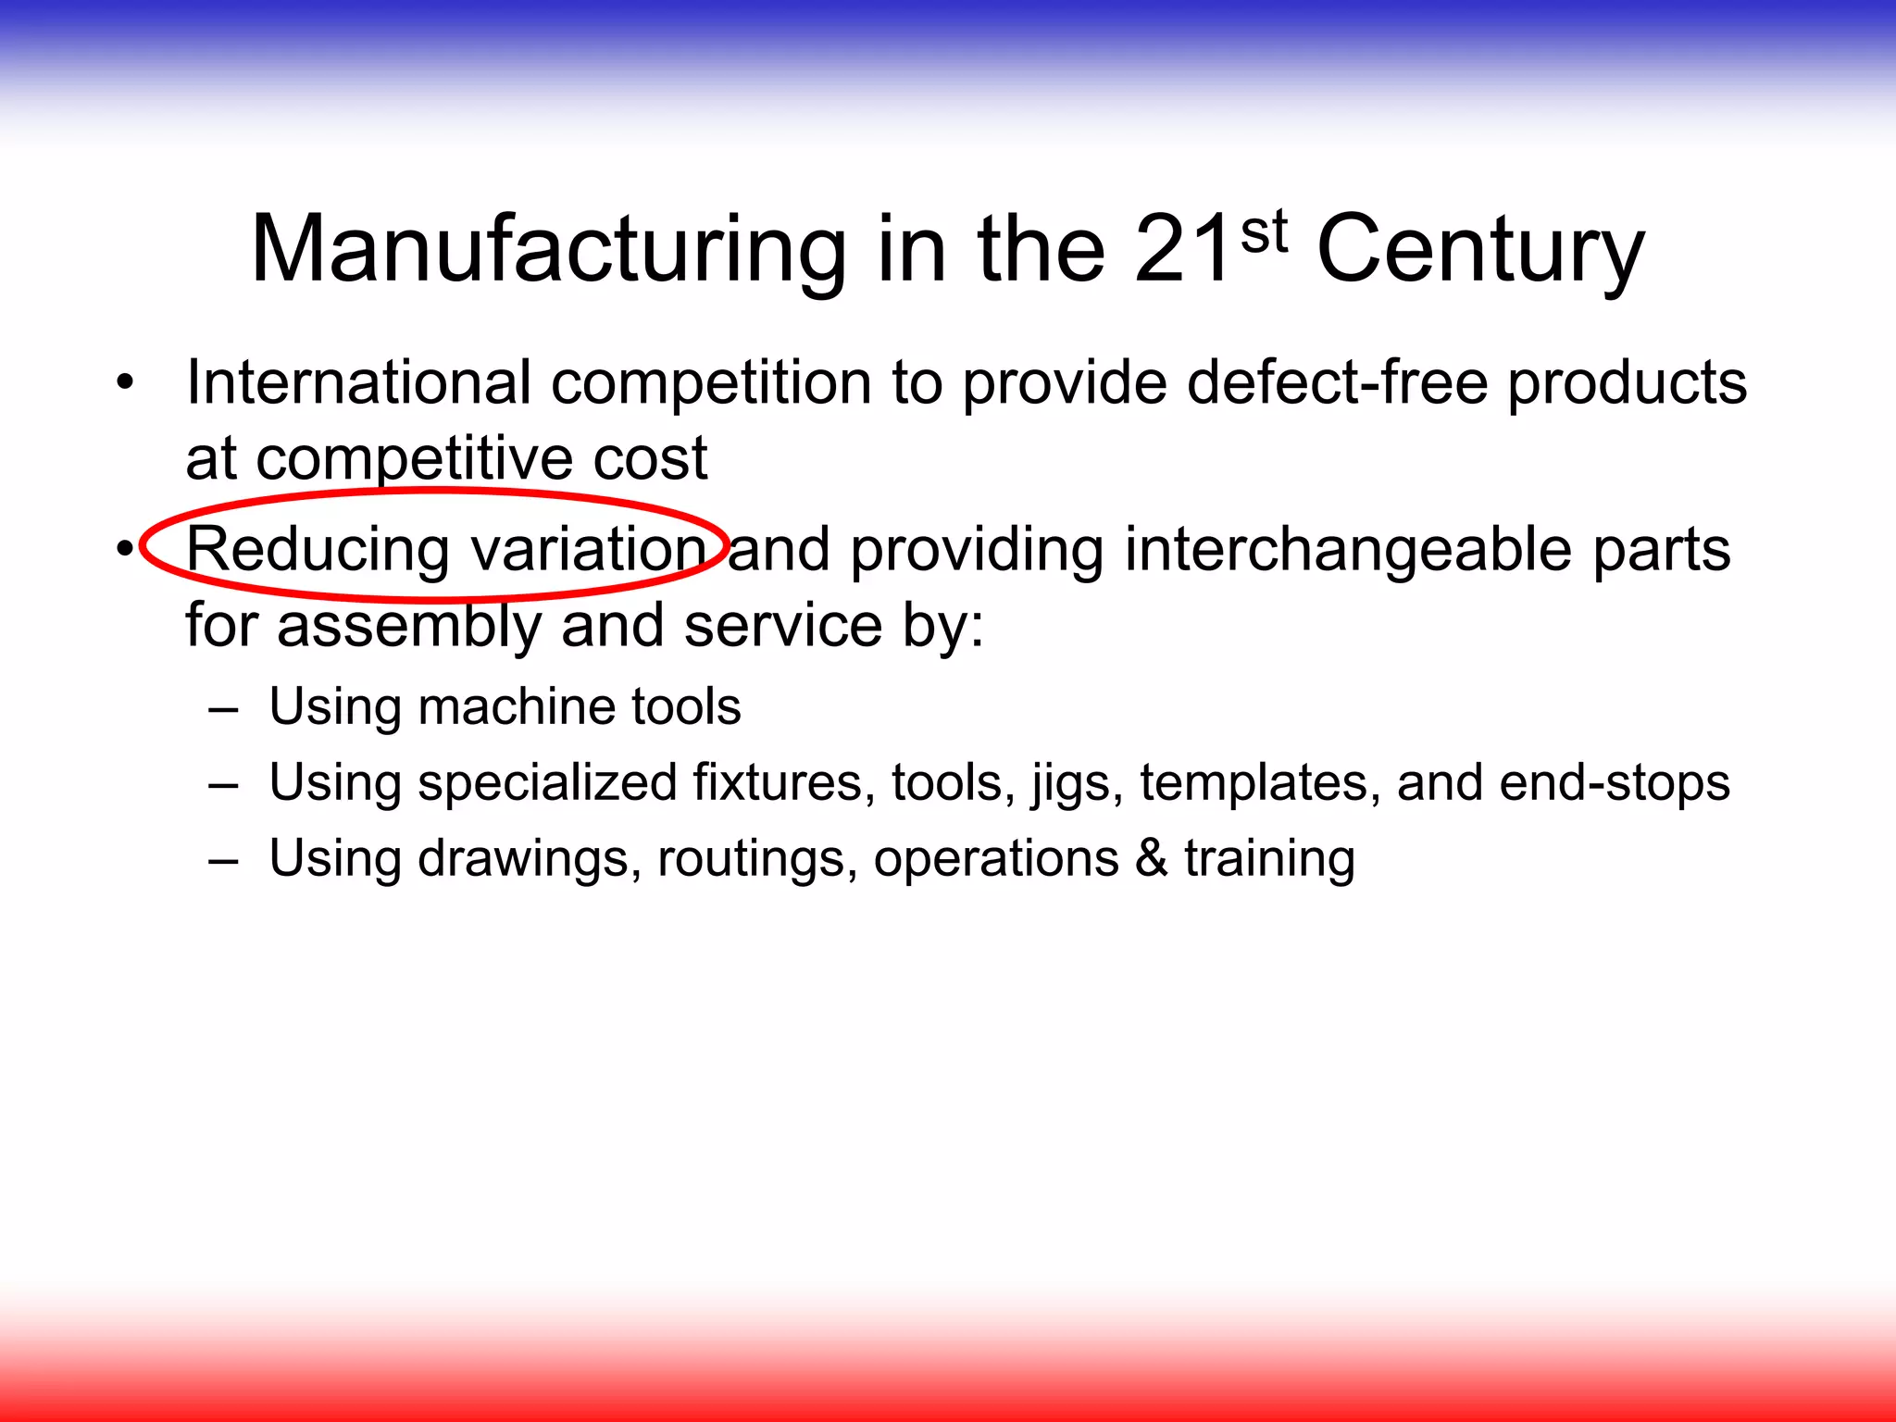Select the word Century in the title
click(1479, 250)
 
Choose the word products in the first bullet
click(1627, 383)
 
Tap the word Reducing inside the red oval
click(318, 550)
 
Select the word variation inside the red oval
click(589, 548)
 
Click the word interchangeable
click(1348, 550)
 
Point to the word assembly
click(409, 626)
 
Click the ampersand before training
click(1151, 857)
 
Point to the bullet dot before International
click(125, 382)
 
